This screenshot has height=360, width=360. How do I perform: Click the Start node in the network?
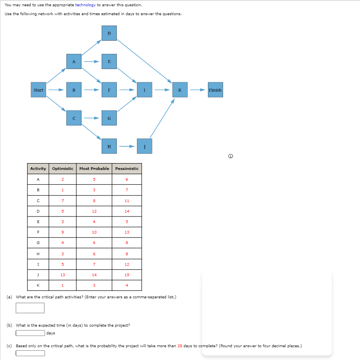click(x=38, y=90)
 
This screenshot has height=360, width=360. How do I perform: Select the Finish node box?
click(x=215, y=90)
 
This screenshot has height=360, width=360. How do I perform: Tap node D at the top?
click(x=109, y=33)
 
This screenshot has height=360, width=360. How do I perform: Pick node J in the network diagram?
click(x=144, y=146)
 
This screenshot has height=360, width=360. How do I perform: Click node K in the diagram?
click(x=180, y=90)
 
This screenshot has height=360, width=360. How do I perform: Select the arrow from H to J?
click(x=126, y=147)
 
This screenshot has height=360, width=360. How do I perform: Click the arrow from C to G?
click(x=91, y=118)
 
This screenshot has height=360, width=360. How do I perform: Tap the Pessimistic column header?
click(x=127, y=169)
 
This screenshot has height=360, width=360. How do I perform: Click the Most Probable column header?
click(x=94, y=169)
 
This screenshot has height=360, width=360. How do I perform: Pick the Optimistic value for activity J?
click(x=62, y=275)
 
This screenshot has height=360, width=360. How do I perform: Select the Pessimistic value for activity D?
click(x=127, y=211)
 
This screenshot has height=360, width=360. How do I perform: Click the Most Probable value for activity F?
click(x=94, y=232)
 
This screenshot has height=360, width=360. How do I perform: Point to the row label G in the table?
click(x=38, y=243)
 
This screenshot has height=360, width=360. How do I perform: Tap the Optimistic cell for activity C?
click(x=62, y=201)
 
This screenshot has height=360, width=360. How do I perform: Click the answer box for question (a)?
click(x=30, y=308)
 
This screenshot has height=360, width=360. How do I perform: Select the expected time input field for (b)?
click(x=30, y=333)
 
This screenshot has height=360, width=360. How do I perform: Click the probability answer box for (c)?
click(x=30, y=353)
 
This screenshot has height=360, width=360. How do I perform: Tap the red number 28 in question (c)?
click(x=180, y=346)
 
